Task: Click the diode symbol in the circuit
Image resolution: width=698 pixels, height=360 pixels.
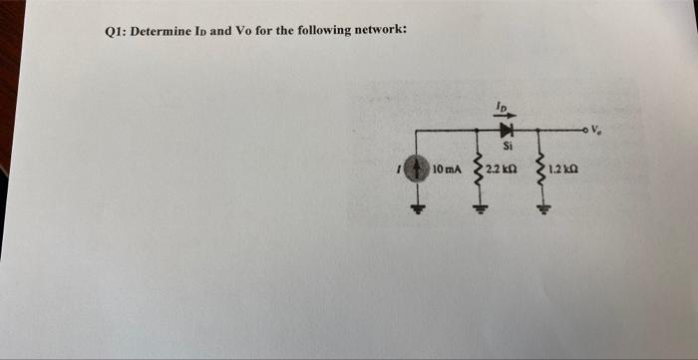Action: (505, 129)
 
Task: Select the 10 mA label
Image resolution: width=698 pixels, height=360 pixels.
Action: (447, 174)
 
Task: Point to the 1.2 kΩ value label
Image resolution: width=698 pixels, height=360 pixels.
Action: (565, 174)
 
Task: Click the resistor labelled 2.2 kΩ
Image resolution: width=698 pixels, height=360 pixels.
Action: (481, 172)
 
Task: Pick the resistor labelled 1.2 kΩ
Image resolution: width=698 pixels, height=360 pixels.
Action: (540, 172)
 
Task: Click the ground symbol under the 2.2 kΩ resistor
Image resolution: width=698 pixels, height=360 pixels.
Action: (481, 208)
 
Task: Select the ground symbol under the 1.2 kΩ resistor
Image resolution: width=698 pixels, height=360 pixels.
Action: (540, 208)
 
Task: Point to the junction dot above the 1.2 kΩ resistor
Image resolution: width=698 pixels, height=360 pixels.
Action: (540, 130)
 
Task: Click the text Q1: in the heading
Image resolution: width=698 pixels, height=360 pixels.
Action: (118, 30)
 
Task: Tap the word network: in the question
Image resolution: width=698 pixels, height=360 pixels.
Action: (373, 30)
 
